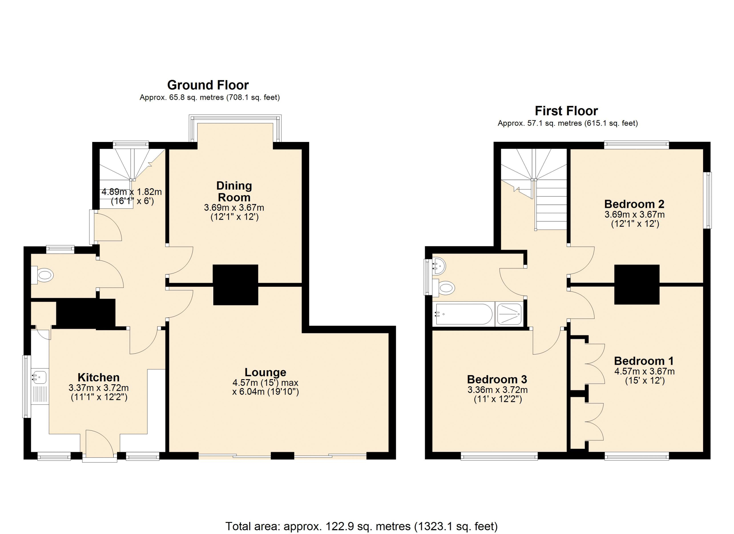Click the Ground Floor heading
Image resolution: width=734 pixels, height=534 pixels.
[x=208, y=85]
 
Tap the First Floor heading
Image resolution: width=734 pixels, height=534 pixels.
[x=566, y=111]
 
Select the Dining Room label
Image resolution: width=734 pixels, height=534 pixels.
[x=234, y=191]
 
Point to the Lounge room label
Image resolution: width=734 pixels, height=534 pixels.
[x=266, y=372]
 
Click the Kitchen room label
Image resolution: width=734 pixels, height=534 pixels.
[x=99, y=377]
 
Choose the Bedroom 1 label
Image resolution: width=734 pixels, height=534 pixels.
[x=644, y=361]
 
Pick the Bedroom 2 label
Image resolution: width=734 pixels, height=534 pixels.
[x=634, y=204]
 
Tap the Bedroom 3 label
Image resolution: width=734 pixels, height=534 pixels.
[x=497, y=379]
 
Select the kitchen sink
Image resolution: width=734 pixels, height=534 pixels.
[x=40, y=377]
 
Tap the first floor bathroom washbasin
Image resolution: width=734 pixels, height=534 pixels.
[x=439, y=266]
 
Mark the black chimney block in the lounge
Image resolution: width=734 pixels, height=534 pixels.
[x=235, y=285]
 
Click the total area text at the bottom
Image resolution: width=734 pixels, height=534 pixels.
[x=361, y=526]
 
